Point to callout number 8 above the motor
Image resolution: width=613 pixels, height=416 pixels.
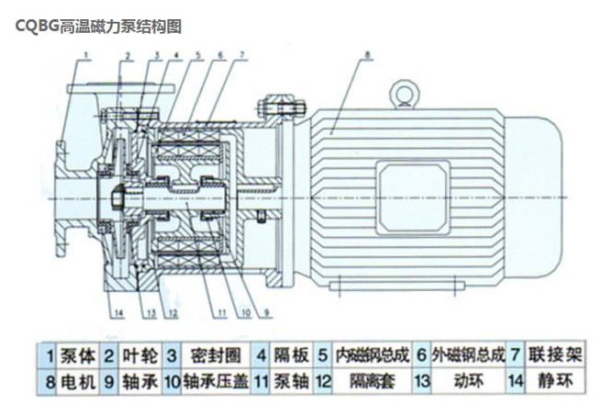click(x=366, y=56)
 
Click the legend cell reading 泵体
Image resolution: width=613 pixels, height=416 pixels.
click(x=77, y=354)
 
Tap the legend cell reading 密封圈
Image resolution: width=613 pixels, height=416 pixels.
click(x=206, y=354)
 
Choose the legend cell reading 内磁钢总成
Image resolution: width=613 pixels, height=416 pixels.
click(x=371, y=354)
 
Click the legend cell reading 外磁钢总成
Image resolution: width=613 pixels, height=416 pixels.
click(x=468, y=354)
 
